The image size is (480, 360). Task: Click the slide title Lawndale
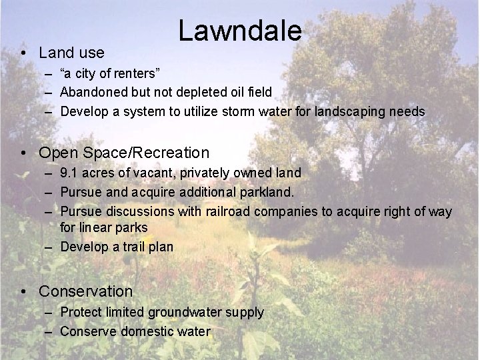point(240,31)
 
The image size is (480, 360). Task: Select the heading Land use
point(71,52)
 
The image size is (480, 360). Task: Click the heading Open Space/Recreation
point(124,153)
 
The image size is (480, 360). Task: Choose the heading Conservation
point(86,291)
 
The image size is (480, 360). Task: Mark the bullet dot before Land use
point(23,53)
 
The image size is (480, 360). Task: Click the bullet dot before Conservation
point(23,292)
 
